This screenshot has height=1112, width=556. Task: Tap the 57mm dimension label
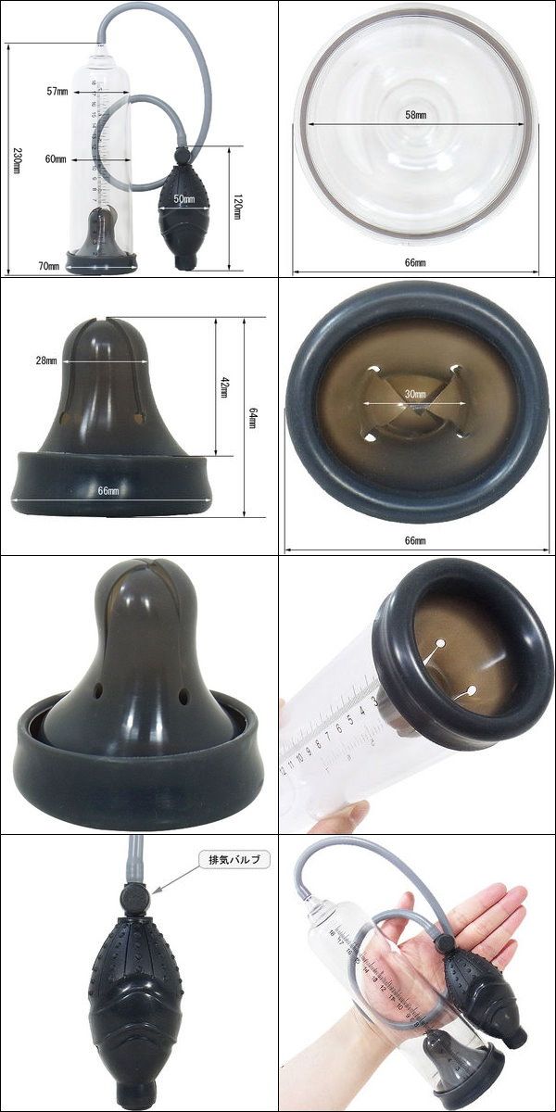pyautogui.click(x=57, y=92)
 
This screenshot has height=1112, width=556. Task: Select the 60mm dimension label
pyautogui.click(x=56, y=159)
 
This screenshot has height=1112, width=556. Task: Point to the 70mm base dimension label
pyautogui.click(x=48, y=266)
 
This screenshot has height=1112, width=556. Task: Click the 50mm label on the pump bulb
pyautogui.click(x=184, y=198)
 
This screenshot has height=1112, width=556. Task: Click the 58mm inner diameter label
pyautogui.click(x=415, y=115)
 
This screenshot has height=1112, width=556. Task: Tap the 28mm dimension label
pyautogui.click(x=46, y=360)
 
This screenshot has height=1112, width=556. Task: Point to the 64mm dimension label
pyautogui.click(x=252, y=418)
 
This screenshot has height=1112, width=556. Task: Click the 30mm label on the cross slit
pyautogui.click(x=415, y=394)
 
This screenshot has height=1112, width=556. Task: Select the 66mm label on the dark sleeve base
pyautogui.click(x=108, y=490)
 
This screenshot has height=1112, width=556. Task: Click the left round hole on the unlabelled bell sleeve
pyautogui.click(x=98, y=690)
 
